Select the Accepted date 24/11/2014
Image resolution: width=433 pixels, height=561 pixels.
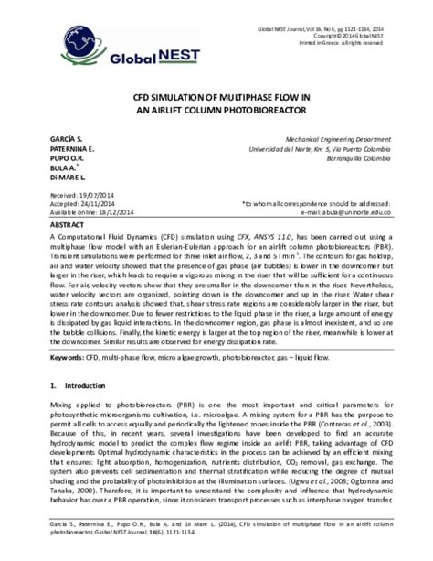pos(102,205)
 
